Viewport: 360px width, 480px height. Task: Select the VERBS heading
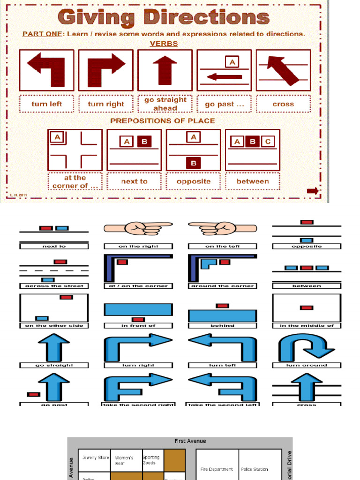tap(164, 44)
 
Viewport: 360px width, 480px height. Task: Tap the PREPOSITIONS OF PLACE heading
tap(163, 121)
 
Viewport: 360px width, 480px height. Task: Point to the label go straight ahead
tap(165, 104)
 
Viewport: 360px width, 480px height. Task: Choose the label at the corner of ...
tap(75, 181)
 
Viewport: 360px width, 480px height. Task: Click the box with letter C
tap(267, 142)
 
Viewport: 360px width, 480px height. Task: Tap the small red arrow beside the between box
tap(313, 191)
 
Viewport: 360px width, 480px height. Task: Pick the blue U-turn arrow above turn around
tap(307, 348)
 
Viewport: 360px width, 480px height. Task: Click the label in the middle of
tap(307, 325)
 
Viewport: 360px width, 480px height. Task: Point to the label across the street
tap(54, 285)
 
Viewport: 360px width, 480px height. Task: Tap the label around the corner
tap(222, 285)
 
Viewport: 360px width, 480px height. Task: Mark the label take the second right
tap(138, 404)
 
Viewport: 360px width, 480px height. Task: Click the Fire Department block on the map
tap(217, 469)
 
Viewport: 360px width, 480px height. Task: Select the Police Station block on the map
tap(255, 469)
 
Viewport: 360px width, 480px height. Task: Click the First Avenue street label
tap(190, 441)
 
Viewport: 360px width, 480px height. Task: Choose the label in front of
tap(138, 325)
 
